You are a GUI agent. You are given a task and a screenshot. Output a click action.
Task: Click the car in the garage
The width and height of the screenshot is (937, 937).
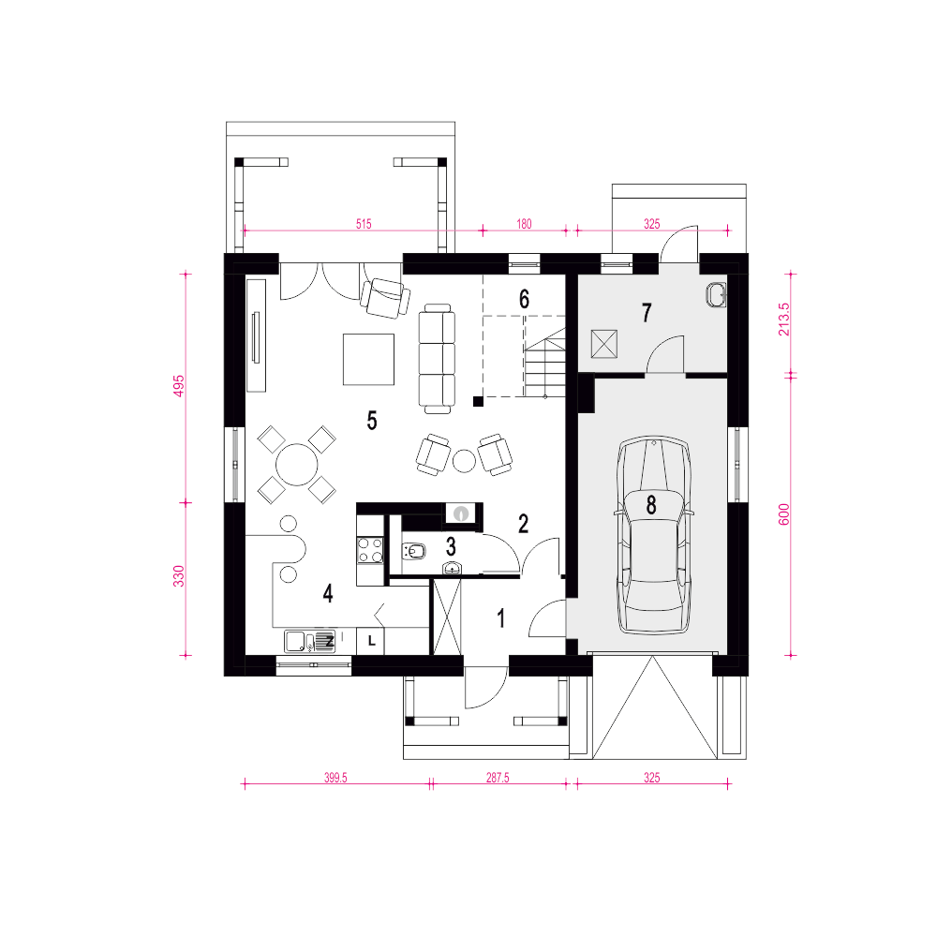[x=653, y=535]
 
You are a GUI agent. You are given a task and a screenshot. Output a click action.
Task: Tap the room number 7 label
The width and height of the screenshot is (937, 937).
[x=647, y=313]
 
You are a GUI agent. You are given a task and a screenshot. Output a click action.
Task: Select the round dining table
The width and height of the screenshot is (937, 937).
[x=297, y=465]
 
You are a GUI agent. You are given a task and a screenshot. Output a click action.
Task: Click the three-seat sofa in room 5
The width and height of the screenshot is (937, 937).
[x=437, y=359]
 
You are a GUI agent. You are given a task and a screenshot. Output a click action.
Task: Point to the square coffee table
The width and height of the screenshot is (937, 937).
[x=368, y=359]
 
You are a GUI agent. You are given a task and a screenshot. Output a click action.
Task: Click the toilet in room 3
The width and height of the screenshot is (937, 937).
[x=413, y=551]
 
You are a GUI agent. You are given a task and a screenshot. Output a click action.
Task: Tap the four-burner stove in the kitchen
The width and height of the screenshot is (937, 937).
[x=370, y=550]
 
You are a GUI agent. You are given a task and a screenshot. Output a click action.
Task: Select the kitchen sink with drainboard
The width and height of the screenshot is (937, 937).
[x=310, y=641]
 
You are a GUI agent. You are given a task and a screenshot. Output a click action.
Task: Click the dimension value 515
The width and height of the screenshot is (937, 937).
[x=364, y=224]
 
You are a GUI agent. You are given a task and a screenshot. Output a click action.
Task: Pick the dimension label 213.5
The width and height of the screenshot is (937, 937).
[x=783, y=320]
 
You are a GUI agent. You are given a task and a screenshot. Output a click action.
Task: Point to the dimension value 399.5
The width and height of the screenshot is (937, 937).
[x=335, y=778]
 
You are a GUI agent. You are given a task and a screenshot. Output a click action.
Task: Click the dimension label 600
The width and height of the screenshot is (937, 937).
[x=783, y=514]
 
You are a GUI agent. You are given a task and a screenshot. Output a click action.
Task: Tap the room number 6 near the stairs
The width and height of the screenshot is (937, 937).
[x=524, y=299]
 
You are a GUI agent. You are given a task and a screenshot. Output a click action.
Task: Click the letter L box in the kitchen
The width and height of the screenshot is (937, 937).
[x=370, y=641]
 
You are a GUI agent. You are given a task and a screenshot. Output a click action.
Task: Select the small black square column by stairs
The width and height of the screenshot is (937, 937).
[x=478, y=402]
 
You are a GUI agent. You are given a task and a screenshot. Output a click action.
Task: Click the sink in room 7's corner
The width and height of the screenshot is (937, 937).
[x=717, y=295]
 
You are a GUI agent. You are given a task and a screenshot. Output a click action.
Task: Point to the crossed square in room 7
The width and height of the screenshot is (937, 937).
[x=604, y=344]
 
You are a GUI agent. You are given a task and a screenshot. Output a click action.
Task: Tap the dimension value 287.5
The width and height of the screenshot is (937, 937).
[x=498, y=778]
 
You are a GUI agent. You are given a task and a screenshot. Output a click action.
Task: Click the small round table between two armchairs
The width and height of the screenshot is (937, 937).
[x=465, y=461]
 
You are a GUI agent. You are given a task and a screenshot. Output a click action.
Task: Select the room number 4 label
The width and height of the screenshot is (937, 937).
[x=327, y=593]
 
